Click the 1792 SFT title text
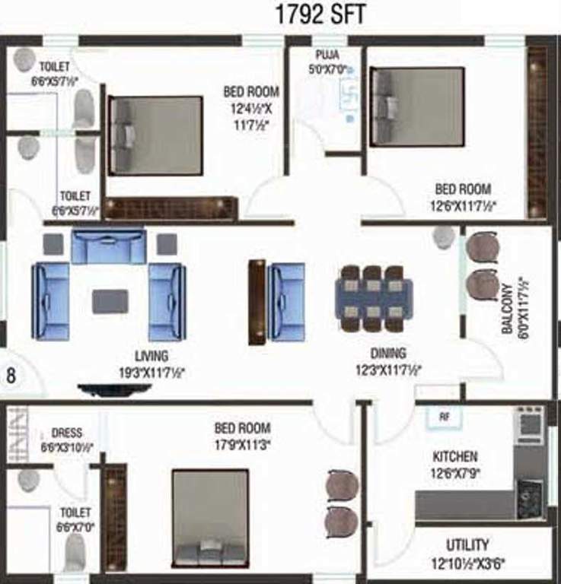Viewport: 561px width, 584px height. pyautogui.click(x=322, y=15)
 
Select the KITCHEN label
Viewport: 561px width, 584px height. pyautogui.click(x=455, y=456)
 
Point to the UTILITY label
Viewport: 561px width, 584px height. pyautogui.click(x=467, y=545)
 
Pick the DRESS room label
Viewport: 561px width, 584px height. pyautogui.click(x=67, y=433)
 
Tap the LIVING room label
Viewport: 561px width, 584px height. pyautogui.click(x=151, y=356)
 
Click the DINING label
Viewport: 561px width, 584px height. pyautogui.click(x=388, y=353)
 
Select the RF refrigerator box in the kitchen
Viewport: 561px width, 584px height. pyautogui.click(x=443, y=417)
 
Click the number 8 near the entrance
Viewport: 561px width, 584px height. pyautogui.click(x=11, y=375)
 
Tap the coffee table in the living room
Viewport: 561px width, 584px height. pyautogui.click(x=110, y=301)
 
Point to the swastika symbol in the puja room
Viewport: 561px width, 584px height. pyautogui.click(x=351, y=97)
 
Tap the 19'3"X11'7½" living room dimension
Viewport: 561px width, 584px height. pyautogui.click(x=151, y=372)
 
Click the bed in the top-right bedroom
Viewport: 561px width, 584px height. pyautogui.click(x=417, y=106)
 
